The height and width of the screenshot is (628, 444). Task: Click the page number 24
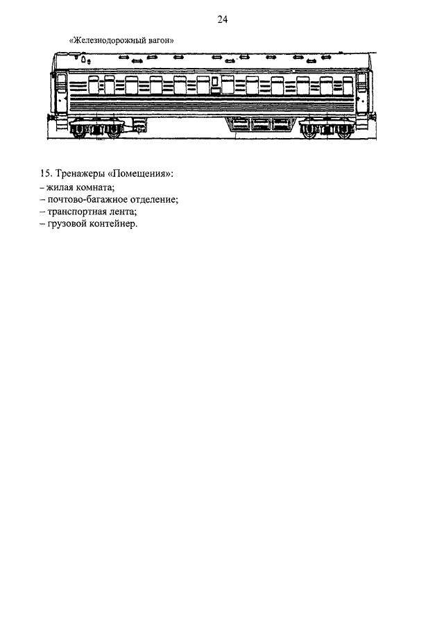point(222,19)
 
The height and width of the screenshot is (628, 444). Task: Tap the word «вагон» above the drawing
point(162,40)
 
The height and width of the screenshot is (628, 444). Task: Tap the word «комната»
point(95,187)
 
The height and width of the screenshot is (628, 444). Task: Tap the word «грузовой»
point(67,224)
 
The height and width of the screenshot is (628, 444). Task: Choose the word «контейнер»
point(113,224)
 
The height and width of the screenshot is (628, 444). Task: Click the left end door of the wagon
point(61,92)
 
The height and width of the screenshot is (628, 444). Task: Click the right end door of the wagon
point(362,92)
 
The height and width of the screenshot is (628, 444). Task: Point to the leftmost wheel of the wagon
point(78,131)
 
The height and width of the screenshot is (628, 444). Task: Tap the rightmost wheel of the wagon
point(345,131)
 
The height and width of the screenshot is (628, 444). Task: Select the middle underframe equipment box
point(261,124)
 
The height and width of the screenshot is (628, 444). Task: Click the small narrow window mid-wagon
point(215,81)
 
